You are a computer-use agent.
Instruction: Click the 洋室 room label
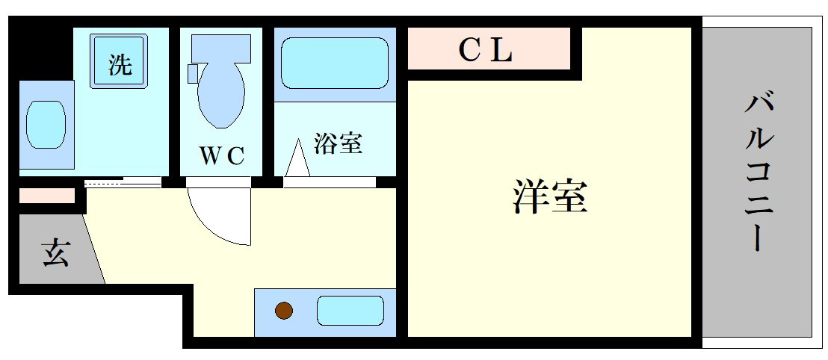coord(551,198)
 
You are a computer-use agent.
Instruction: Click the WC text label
coord(221,155)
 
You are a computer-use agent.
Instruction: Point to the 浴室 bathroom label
coord(338,143)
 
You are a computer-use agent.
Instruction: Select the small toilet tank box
coord(192,73)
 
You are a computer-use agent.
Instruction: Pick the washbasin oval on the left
coord(46,125)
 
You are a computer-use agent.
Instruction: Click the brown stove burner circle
coord(283,310)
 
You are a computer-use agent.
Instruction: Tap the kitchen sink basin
coord(350,310)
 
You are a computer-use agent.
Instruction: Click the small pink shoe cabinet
coord(46,196)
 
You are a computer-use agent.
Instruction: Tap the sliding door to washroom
coord(123,181)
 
